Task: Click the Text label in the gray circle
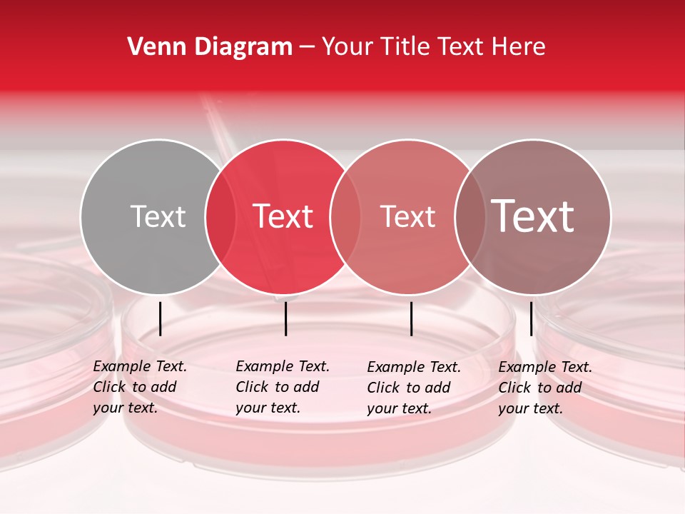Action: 158,216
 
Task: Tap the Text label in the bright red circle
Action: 283,216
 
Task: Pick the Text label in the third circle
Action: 407,216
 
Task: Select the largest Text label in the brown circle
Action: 533,216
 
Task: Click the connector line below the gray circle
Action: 161,318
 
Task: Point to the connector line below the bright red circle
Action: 285,318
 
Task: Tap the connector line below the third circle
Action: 412,318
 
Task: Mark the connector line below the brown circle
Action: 531,318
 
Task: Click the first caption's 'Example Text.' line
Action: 140,367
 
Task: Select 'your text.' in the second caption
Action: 268,408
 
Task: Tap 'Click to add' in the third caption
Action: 409,388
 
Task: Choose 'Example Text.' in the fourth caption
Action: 545,368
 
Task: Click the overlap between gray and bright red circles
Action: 220,217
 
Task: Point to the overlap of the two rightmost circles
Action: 470,217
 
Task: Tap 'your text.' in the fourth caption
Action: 530,409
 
